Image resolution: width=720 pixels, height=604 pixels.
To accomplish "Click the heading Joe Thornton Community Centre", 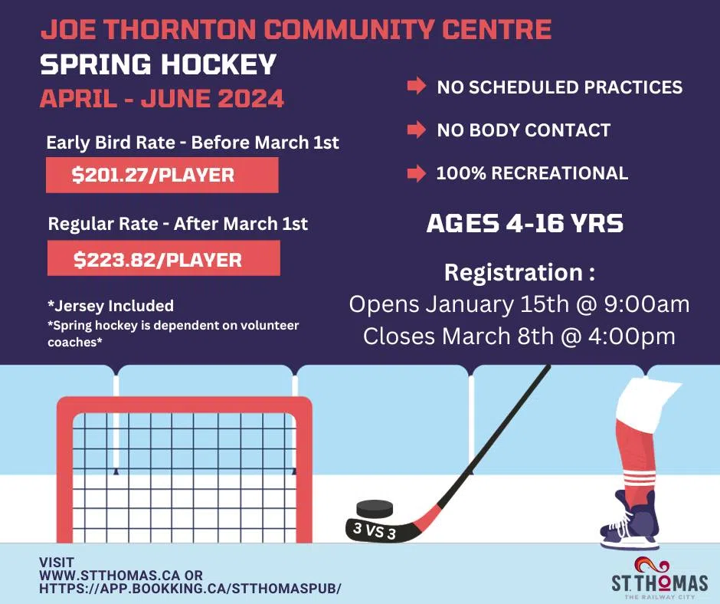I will pos(296,30).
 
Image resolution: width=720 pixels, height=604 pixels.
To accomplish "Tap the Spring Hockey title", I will pos(158,64).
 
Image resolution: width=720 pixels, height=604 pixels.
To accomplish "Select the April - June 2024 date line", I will pos(162,99).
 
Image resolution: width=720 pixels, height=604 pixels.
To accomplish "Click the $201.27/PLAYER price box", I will pos(162,176).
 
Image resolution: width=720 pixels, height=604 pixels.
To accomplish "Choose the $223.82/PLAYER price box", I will pos(162,259).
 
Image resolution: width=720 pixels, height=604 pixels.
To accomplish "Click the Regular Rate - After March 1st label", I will pos(178,225).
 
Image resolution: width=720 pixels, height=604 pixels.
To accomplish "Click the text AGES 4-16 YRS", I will pos(524,224).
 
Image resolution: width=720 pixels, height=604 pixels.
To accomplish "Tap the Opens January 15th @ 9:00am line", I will pos(519,304).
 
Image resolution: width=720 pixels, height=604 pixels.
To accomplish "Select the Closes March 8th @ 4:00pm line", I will pos(519,336).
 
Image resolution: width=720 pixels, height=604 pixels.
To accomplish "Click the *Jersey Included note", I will pos(110,305).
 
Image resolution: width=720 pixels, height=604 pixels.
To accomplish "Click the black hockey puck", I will pos(375,508).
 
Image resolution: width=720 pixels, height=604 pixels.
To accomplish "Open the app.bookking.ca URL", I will pos(190,588).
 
